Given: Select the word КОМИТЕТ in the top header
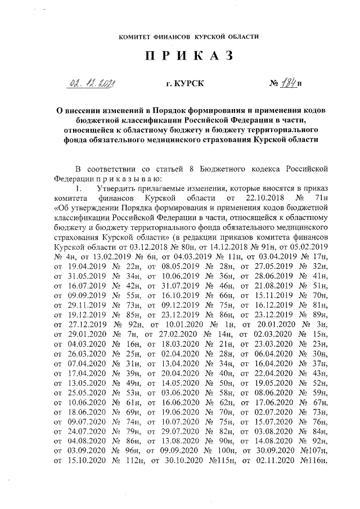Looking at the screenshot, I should tap(136, 37).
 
